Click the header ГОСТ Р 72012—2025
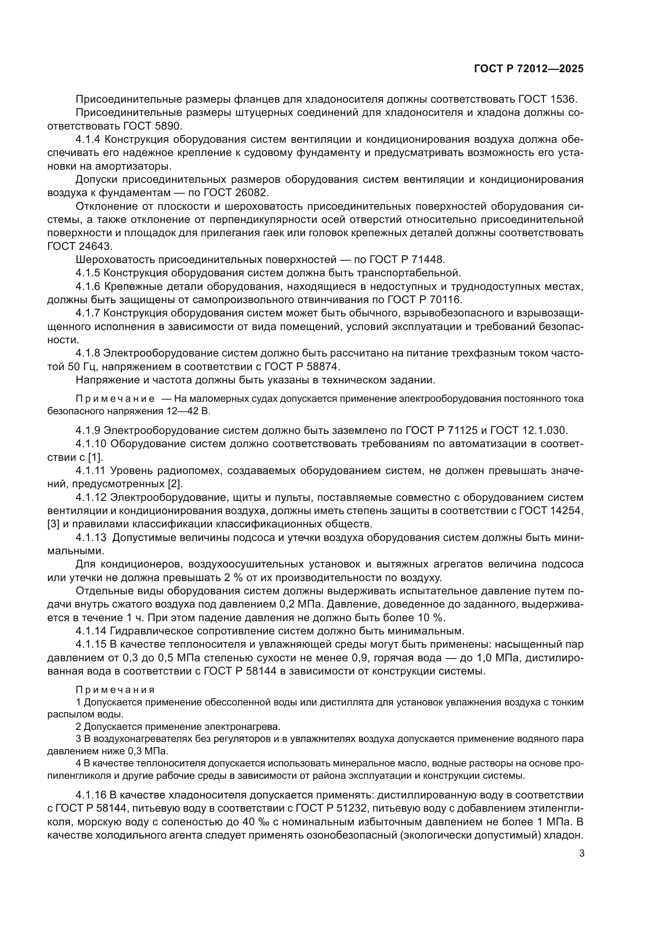click(x=529, y=69)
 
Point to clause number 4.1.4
click(x=88, y=139)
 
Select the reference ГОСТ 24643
click(x=79, y=246)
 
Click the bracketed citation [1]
click(x=95, y=457)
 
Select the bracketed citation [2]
click(x=175, y=484)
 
